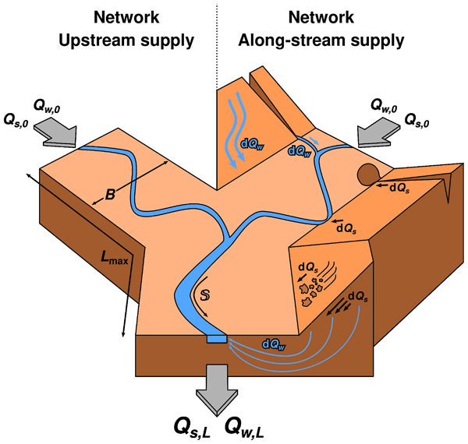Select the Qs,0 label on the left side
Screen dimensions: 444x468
18,119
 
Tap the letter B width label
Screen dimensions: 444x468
111,194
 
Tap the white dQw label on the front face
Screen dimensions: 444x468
274,342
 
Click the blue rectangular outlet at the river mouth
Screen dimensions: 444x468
216,338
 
